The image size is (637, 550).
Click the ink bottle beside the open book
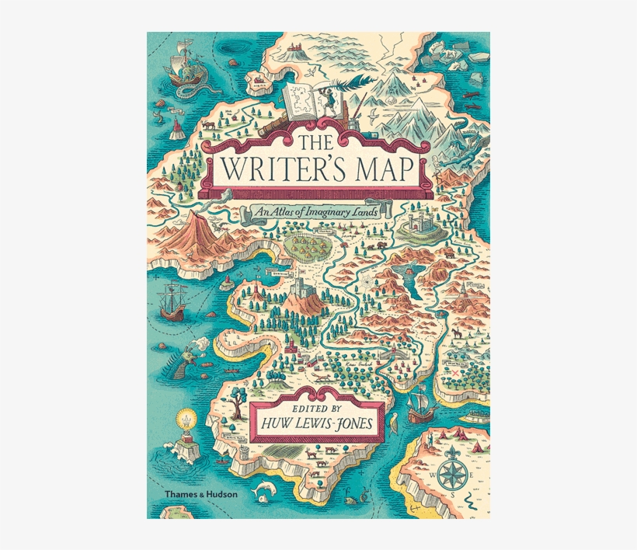[x=356, y=124]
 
